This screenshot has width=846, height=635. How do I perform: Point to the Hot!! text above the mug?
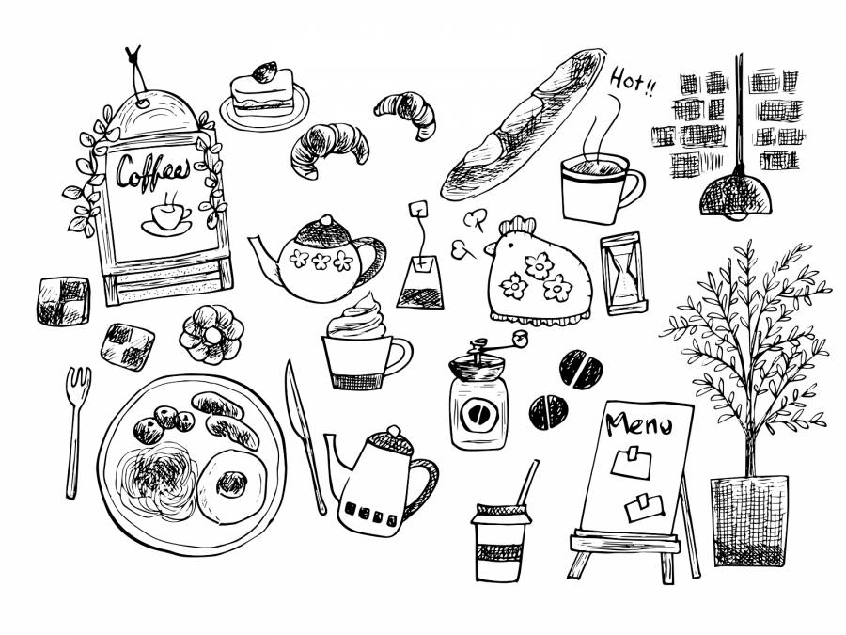(634, 82)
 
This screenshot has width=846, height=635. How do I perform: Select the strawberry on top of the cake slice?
(265, 72)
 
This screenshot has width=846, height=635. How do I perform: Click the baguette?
(524, 123)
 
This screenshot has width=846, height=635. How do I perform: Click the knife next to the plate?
(305, 437)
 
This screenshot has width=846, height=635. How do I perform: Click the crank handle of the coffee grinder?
(497, 344)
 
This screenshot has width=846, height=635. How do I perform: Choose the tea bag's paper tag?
(418, 209)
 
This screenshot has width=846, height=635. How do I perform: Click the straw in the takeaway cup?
(527, 483)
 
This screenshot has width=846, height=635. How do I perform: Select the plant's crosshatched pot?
(749, 520)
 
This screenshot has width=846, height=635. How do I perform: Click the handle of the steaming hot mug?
(633, 187)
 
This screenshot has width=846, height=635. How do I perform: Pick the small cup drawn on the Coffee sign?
(166, 218)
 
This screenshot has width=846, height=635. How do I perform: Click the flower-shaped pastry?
(211, 335)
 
